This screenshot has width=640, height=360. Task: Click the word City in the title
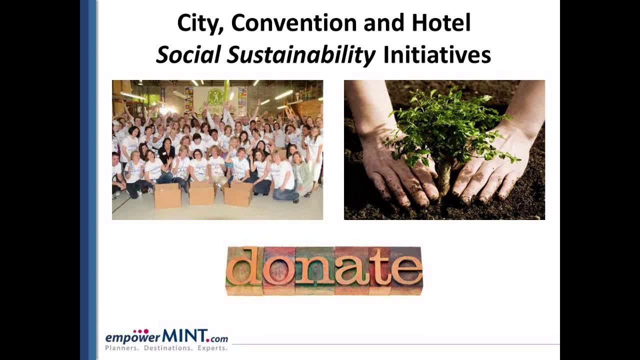click(199, 23)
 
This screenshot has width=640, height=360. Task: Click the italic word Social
click(188, 55)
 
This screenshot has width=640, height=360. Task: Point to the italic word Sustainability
click(300, 55)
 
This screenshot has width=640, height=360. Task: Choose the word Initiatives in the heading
click(436, 55)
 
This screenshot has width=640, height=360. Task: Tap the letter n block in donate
click(314, 270)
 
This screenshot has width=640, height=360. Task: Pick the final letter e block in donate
click(406, 270)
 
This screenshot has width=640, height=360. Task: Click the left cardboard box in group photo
click(167, 195)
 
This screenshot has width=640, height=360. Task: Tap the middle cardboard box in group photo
click(202, 193)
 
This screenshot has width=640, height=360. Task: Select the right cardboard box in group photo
click(238, 193)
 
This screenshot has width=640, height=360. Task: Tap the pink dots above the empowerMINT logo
click(141, 331)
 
